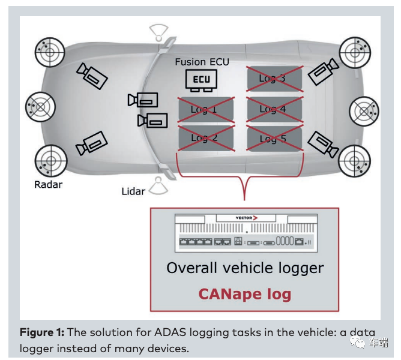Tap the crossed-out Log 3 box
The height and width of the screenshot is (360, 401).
274,79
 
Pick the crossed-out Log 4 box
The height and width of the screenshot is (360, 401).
274,109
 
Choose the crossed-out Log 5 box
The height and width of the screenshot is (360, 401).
274,138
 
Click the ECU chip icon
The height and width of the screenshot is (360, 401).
201,80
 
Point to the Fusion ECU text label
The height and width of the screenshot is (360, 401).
202,62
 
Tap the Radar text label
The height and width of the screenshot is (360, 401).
48,184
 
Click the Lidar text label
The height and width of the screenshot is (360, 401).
133,191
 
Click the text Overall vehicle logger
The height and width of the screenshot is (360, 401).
245,268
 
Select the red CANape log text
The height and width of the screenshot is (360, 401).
245,294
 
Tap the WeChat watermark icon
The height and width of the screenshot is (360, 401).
358,343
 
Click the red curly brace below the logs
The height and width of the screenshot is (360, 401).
244,180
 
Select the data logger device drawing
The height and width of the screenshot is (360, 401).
244,233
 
